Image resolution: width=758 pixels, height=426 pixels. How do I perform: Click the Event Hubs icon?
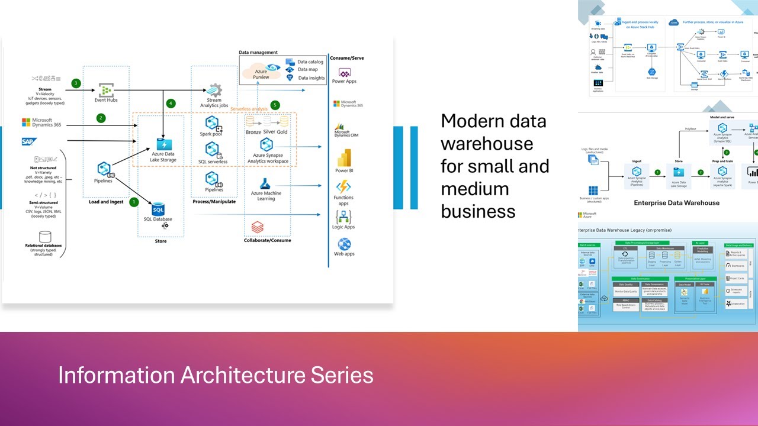click(x=105, y=91)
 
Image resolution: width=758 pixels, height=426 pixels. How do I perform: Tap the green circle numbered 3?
click(x=76, y=83)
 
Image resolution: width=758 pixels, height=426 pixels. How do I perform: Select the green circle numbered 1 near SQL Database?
click(x=134, y=202)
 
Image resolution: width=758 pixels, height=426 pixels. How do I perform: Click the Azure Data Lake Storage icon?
click(x=163, y=144)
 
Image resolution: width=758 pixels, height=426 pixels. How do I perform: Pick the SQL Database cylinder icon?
click(x=158, y=209)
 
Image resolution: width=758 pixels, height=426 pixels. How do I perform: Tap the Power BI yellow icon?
click(x=344, y=158)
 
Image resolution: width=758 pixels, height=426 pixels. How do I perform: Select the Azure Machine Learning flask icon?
click(x=266, y=183)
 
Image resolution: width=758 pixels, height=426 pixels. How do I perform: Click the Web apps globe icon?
click(x=344, y=244)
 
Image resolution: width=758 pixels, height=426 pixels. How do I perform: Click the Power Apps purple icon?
click(x=344, y=72)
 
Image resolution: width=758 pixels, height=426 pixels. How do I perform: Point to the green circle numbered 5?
click(x=275, y=105)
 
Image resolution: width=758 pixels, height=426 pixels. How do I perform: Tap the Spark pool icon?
click(x=212, y=123)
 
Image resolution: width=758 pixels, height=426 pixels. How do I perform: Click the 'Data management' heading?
click(x=258, y=53)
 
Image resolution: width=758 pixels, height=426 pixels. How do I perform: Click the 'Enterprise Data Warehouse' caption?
click(x=677, y=203)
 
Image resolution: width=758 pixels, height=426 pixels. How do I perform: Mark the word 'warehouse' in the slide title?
click(x=487, y=144)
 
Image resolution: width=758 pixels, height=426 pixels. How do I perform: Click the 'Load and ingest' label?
click(x=107, y=202)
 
